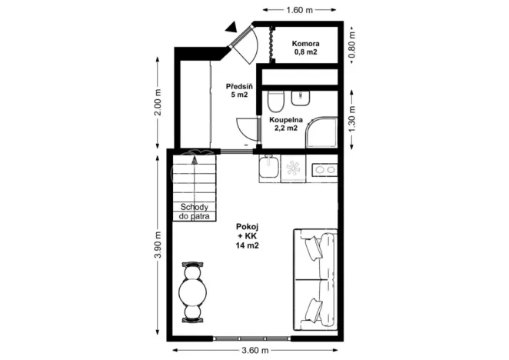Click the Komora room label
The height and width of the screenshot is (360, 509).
[305, 48]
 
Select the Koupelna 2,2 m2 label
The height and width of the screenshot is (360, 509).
[285, 125]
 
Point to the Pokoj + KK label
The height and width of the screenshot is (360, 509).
[247, 237]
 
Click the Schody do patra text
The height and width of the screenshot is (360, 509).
[195, 212]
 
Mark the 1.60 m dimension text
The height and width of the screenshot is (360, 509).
[299, 10]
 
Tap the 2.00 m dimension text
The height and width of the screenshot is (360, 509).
[158, 104]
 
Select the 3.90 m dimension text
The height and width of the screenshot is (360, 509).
[158, 245]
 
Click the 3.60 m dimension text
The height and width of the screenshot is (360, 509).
[253, 351]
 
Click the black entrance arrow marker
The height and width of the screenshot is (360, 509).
[231, 28]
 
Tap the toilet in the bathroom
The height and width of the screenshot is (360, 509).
[276, 101]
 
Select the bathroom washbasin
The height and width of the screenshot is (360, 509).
[301, 98]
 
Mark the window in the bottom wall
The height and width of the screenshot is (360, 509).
[253, 338]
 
